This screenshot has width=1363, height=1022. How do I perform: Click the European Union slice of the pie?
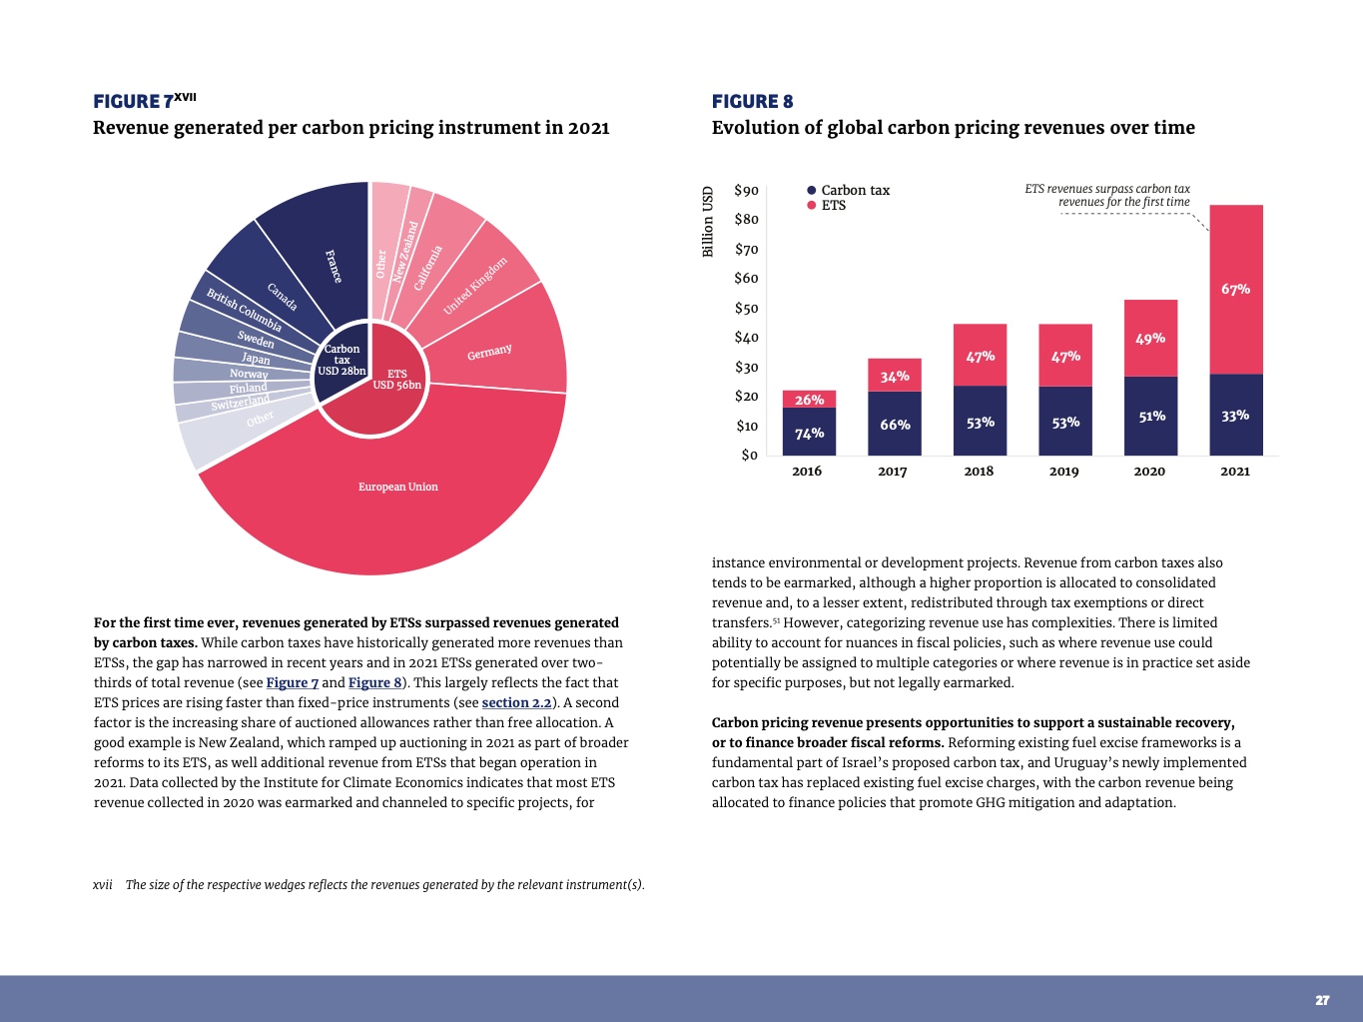[x=397, y=488]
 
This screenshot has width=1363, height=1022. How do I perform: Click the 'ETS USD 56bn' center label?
[x=396, y=380]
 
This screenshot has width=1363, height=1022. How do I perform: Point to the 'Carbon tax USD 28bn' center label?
[x=341, y=361]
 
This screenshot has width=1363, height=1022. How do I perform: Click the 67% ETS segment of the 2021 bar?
[x=1235, y=289]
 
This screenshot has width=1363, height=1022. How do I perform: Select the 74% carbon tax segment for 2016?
[x=809, y=433]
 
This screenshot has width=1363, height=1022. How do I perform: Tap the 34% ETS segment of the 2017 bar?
[x=895, y=376]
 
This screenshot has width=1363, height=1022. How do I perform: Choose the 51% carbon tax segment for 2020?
[x=1151, y=416]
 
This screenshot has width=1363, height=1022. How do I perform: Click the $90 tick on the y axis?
[x=746, y=191]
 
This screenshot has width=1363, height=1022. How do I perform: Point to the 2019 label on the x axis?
[x=1063, y=472]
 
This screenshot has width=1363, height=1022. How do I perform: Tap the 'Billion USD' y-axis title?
[x=708, y=222]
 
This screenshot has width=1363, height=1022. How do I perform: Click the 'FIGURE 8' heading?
[x=752, y=101]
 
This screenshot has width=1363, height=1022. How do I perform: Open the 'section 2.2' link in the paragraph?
[x=516, y=702]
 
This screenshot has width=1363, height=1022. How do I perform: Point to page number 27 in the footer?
[x=1322, y=1000]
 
